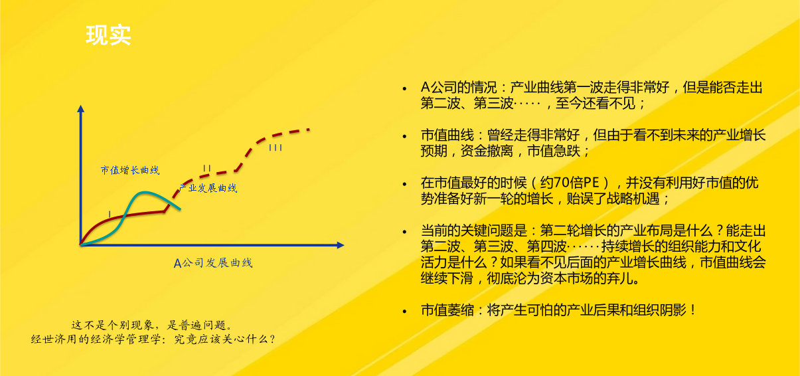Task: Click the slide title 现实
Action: pos(109,35)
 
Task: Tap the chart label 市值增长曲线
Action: pos(130,170)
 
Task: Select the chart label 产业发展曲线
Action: pos(208,188)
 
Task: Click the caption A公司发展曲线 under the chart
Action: pos(213,263)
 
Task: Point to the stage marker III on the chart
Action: pos(276,147)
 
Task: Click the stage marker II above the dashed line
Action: pos(206,168)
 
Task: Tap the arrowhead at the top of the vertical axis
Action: pos(81,109)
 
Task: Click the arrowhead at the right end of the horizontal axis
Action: pos(341,245)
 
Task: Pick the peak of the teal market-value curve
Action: pos(144,193)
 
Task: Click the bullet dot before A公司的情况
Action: pos(404,88)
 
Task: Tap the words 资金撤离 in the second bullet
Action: pos(487,151)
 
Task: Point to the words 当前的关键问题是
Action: pos(474,231)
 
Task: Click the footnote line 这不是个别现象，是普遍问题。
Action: pos(153,325)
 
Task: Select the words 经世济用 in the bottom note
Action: pos(54,339)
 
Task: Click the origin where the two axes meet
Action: pos(81,245)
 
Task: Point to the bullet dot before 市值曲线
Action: pos(404,136)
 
